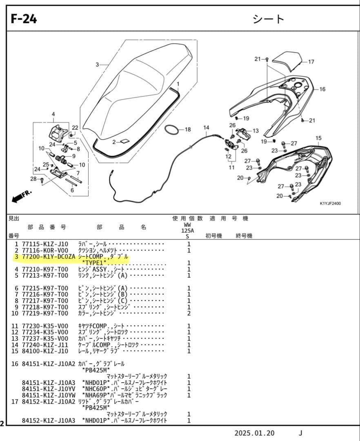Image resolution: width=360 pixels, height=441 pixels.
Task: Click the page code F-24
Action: click(24, 19)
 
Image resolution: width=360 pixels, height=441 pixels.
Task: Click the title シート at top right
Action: click(269, 19)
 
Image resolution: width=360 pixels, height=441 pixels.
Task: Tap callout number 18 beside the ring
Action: click(187, 130)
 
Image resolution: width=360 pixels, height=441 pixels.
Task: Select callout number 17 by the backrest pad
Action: click(311, 62)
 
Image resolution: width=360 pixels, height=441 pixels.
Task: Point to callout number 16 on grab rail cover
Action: click(322, 89)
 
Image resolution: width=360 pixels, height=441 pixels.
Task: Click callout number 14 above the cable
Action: click(206, 128)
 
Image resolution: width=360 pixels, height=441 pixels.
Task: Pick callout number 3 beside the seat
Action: click(97, 65)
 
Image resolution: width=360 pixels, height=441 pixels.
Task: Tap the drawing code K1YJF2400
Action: click(330, 203)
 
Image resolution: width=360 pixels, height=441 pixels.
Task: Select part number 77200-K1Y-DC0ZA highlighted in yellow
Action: click(48, 257)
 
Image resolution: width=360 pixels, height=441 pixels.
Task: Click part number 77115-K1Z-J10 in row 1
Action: click(45, 244)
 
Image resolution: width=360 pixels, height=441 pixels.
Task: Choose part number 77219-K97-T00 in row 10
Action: click(45, 313)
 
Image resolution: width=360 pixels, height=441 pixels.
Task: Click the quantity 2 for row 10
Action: click(189, 313)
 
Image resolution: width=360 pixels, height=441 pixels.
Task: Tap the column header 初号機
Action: click(213, 236)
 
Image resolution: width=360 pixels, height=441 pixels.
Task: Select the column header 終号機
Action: click(244, 236)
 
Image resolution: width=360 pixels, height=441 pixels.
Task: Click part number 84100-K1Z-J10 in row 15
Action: click(45, 351)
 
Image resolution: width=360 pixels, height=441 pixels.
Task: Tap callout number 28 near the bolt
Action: click(33, 179)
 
